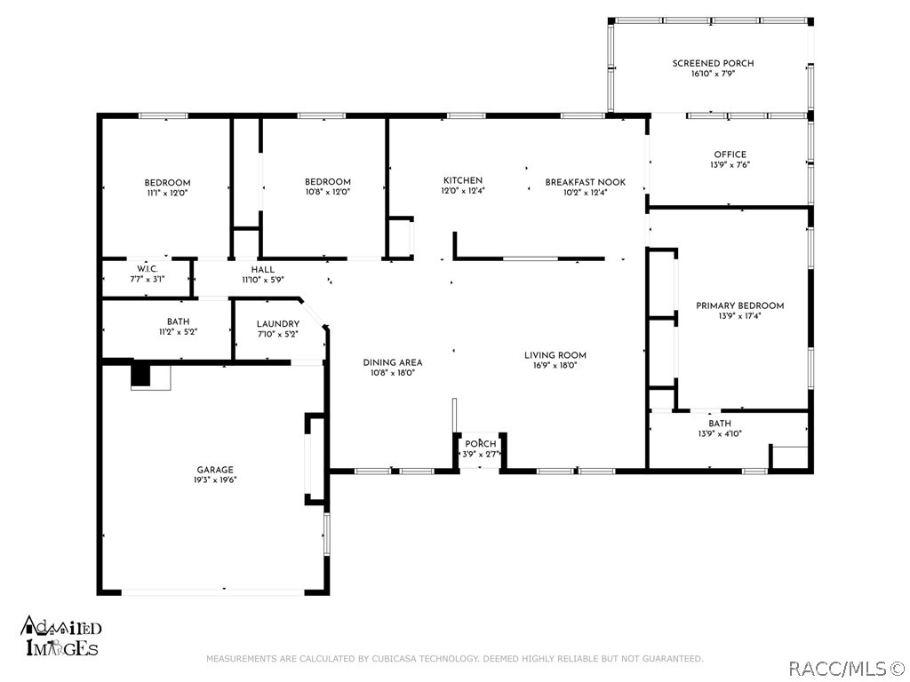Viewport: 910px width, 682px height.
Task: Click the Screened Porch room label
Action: tap(714, 63)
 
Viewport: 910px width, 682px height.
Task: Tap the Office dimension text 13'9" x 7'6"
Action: tap(730, 164)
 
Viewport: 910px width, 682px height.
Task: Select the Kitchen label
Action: tap(462, 180)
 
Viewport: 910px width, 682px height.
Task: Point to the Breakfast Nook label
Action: tap(585, 182)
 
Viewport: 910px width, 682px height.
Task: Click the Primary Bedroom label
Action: tap(740, 305)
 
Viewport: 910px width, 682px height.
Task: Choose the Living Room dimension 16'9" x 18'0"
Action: tap(555, 365)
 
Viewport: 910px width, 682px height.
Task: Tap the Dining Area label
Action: tap(393, 362)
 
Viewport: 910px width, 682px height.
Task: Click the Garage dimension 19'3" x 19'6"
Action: tap(215, 480)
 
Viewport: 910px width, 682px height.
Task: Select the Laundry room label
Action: tap(278, 323)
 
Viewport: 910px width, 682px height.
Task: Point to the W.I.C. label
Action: tap(148, 269)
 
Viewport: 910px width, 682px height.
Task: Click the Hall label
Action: tap(263, 270)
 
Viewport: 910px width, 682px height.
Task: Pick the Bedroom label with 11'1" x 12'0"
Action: tap(167, 183)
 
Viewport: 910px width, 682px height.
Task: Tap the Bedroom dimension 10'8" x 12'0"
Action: tap(328, 192)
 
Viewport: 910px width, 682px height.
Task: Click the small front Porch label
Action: tap(481, 444)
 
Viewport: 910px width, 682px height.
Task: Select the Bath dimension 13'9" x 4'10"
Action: tap(720, 433)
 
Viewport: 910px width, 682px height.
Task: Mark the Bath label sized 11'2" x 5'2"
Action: tap(178, 321)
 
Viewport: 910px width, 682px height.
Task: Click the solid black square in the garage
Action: tap(140, 374)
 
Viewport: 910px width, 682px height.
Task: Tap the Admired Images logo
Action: tap(61, 636)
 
